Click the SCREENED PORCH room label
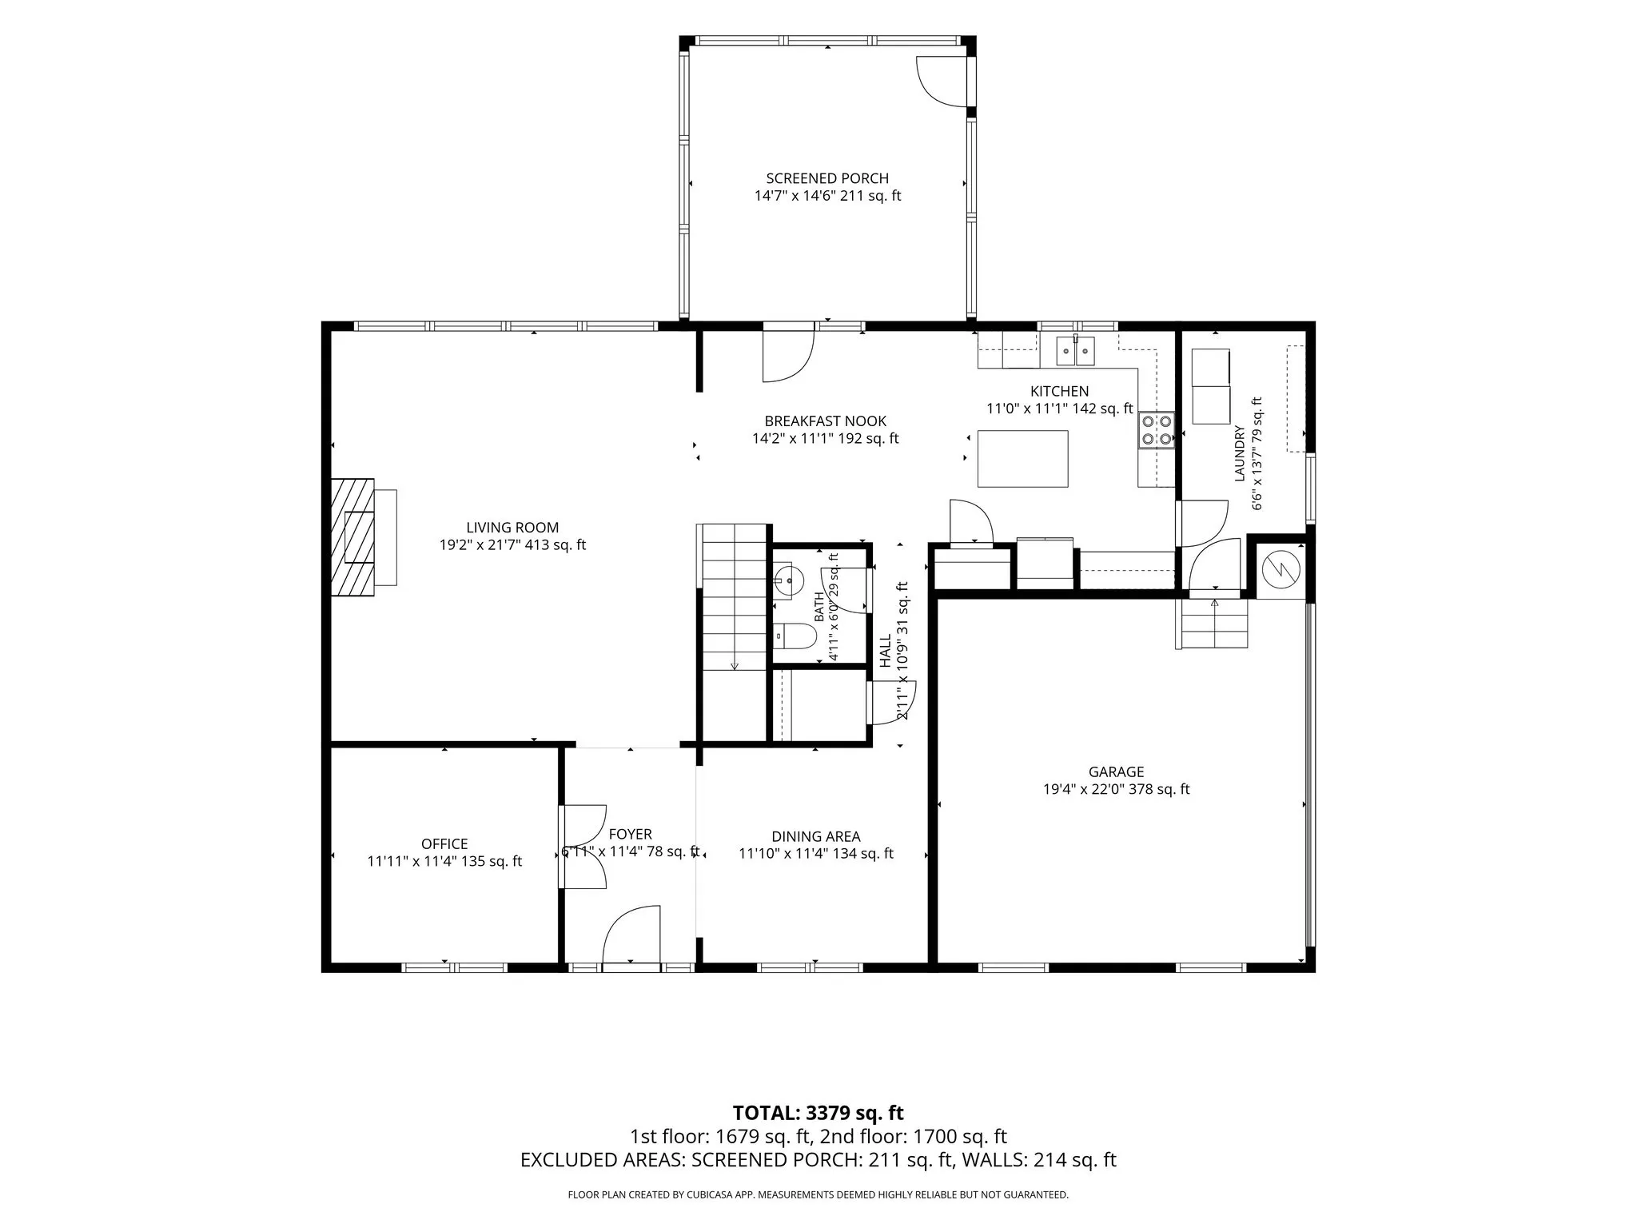pos(827,178)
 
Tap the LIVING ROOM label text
pos(512,528)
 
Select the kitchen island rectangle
pos(1023,458)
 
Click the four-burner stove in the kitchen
pos(1157,429)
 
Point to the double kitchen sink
pos(1075,350)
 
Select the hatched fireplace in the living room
pos(352,536)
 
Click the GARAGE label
pos(1116,772)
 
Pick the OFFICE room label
pos(444,844)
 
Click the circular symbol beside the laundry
pos(1281,569)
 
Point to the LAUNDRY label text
pos(1240,453)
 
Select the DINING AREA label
pos(815,837)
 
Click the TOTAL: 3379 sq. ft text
pos(818,1113)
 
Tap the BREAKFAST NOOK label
pos(825,421)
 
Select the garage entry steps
pos(1213,623)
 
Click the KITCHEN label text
pos(1059,392)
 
